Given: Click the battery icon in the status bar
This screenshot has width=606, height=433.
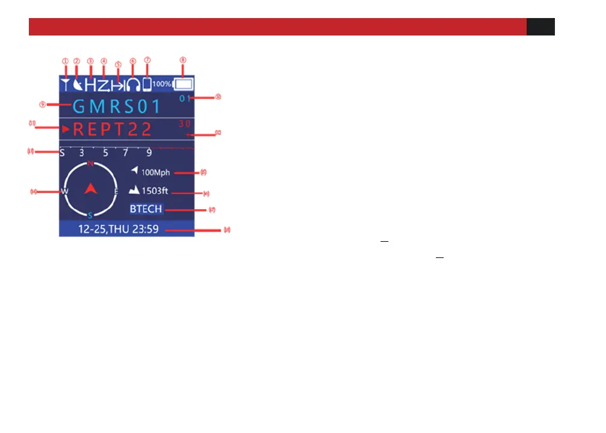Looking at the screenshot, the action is pos(185,84).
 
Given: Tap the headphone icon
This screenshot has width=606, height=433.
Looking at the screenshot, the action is pos(133,84).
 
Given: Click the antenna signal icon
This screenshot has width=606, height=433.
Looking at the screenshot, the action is pos(64,84).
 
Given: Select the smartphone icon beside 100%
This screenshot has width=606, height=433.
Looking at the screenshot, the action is pos(147,84).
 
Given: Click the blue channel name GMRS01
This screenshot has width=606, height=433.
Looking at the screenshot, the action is pos(117,107).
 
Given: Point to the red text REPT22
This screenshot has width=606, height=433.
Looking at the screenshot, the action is pos(112,129).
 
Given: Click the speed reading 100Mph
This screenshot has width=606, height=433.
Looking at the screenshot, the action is pos(156,173).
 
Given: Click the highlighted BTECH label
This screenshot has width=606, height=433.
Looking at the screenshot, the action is pos(146,209).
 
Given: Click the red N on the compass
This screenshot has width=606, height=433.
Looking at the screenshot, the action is pos(90,164).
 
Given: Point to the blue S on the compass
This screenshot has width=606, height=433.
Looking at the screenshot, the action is pos(90,215).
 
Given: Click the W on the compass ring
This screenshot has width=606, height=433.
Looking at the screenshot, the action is pos(64,191).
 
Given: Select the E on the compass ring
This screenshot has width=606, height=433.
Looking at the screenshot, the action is pos(116,191).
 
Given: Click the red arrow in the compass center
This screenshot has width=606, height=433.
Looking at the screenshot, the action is pos(90,189).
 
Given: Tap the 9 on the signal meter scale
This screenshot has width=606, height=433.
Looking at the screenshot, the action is pos(148,153).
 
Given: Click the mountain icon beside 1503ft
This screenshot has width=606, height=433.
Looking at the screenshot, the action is pos(134,191).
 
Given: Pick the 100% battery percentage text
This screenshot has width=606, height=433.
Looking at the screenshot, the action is pos(162,84).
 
